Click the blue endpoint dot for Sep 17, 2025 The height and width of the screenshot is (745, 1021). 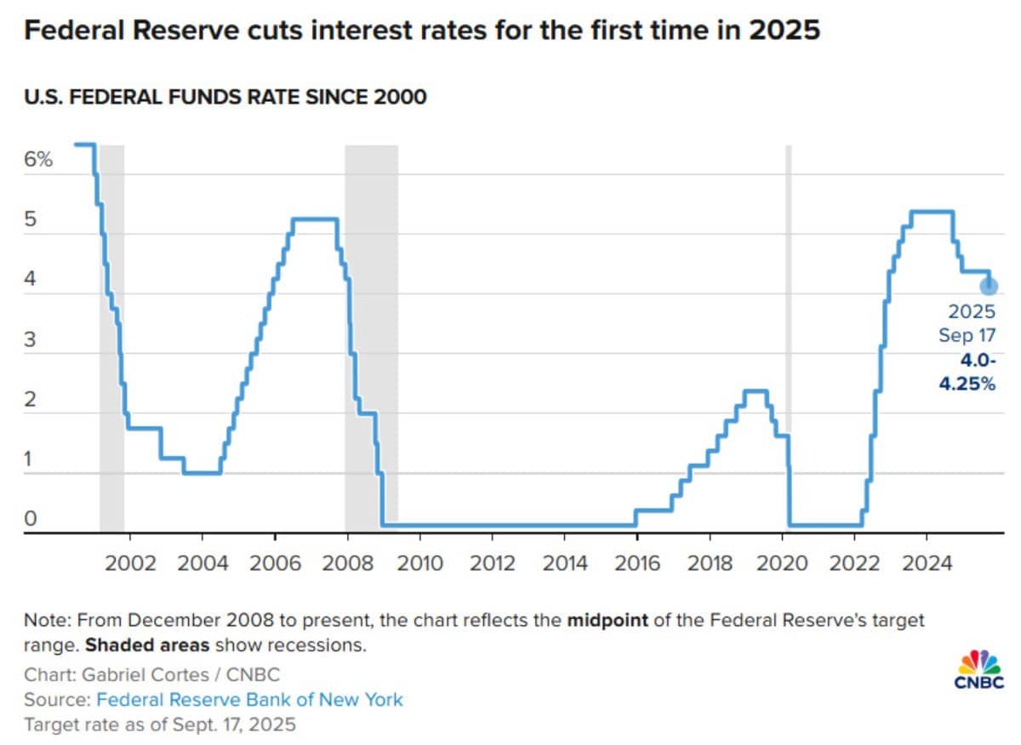pyautogui.click(x=989, y=286)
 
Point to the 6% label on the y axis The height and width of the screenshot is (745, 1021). pyautogui.click(x=38, y=159)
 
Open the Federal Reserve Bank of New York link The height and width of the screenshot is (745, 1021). pyautogui.click(x=249, y=700)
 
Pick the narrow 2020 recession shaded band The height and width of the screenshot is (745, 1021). pyautogui.click(x=788, y=340)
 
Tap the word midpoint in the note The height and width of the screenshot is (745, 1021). pyautogui.click(x=607, y=620)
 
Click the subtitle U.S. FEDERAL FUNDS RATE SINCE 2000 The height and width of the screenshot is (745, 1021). pyautogui.click(x=225, y=98)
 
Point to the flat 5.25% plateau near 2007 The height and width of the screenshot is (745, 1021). pyautogui.click(x=315, y=219)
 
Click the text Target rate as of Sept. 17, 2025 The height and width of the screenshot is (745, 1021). pyautogui.click(x=160, y=725)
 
